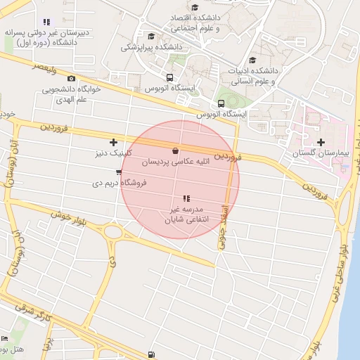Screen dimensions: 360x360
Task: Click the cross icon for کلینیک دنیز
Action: [x=113, y=143]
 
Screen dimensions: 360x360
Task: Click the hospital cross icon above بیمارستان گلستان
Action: [x=321, y=143]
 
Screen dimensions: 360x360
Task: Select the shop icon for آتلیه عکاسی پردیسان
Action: [x=175, y=150]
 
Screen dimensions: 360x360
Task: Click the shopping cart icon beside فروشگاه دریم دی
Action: [x=119, y=172]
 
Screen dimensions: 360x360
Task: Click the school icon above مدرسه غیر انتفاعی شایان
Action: [x=186, y=199]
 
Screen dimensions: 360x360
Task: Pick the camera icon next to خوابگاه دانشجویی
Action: [x=71, y=79]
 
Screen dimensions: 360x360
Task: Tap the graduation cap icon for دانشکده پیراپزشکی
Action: [x=151, y=37]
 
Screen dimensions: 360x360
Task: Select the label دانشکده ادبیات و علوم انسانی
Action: [x=253, y=76]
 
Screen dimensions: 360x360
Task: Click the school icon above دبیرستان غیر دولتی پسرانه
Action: [x=46, y=22]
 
